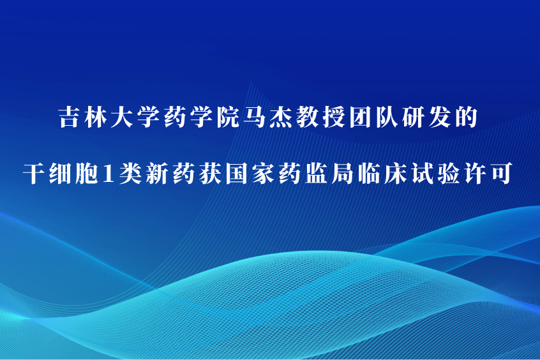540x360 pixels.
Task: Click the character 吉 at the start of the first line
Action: point(70,117)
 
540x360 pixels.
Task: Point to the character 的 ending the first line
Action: point(466,117)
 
